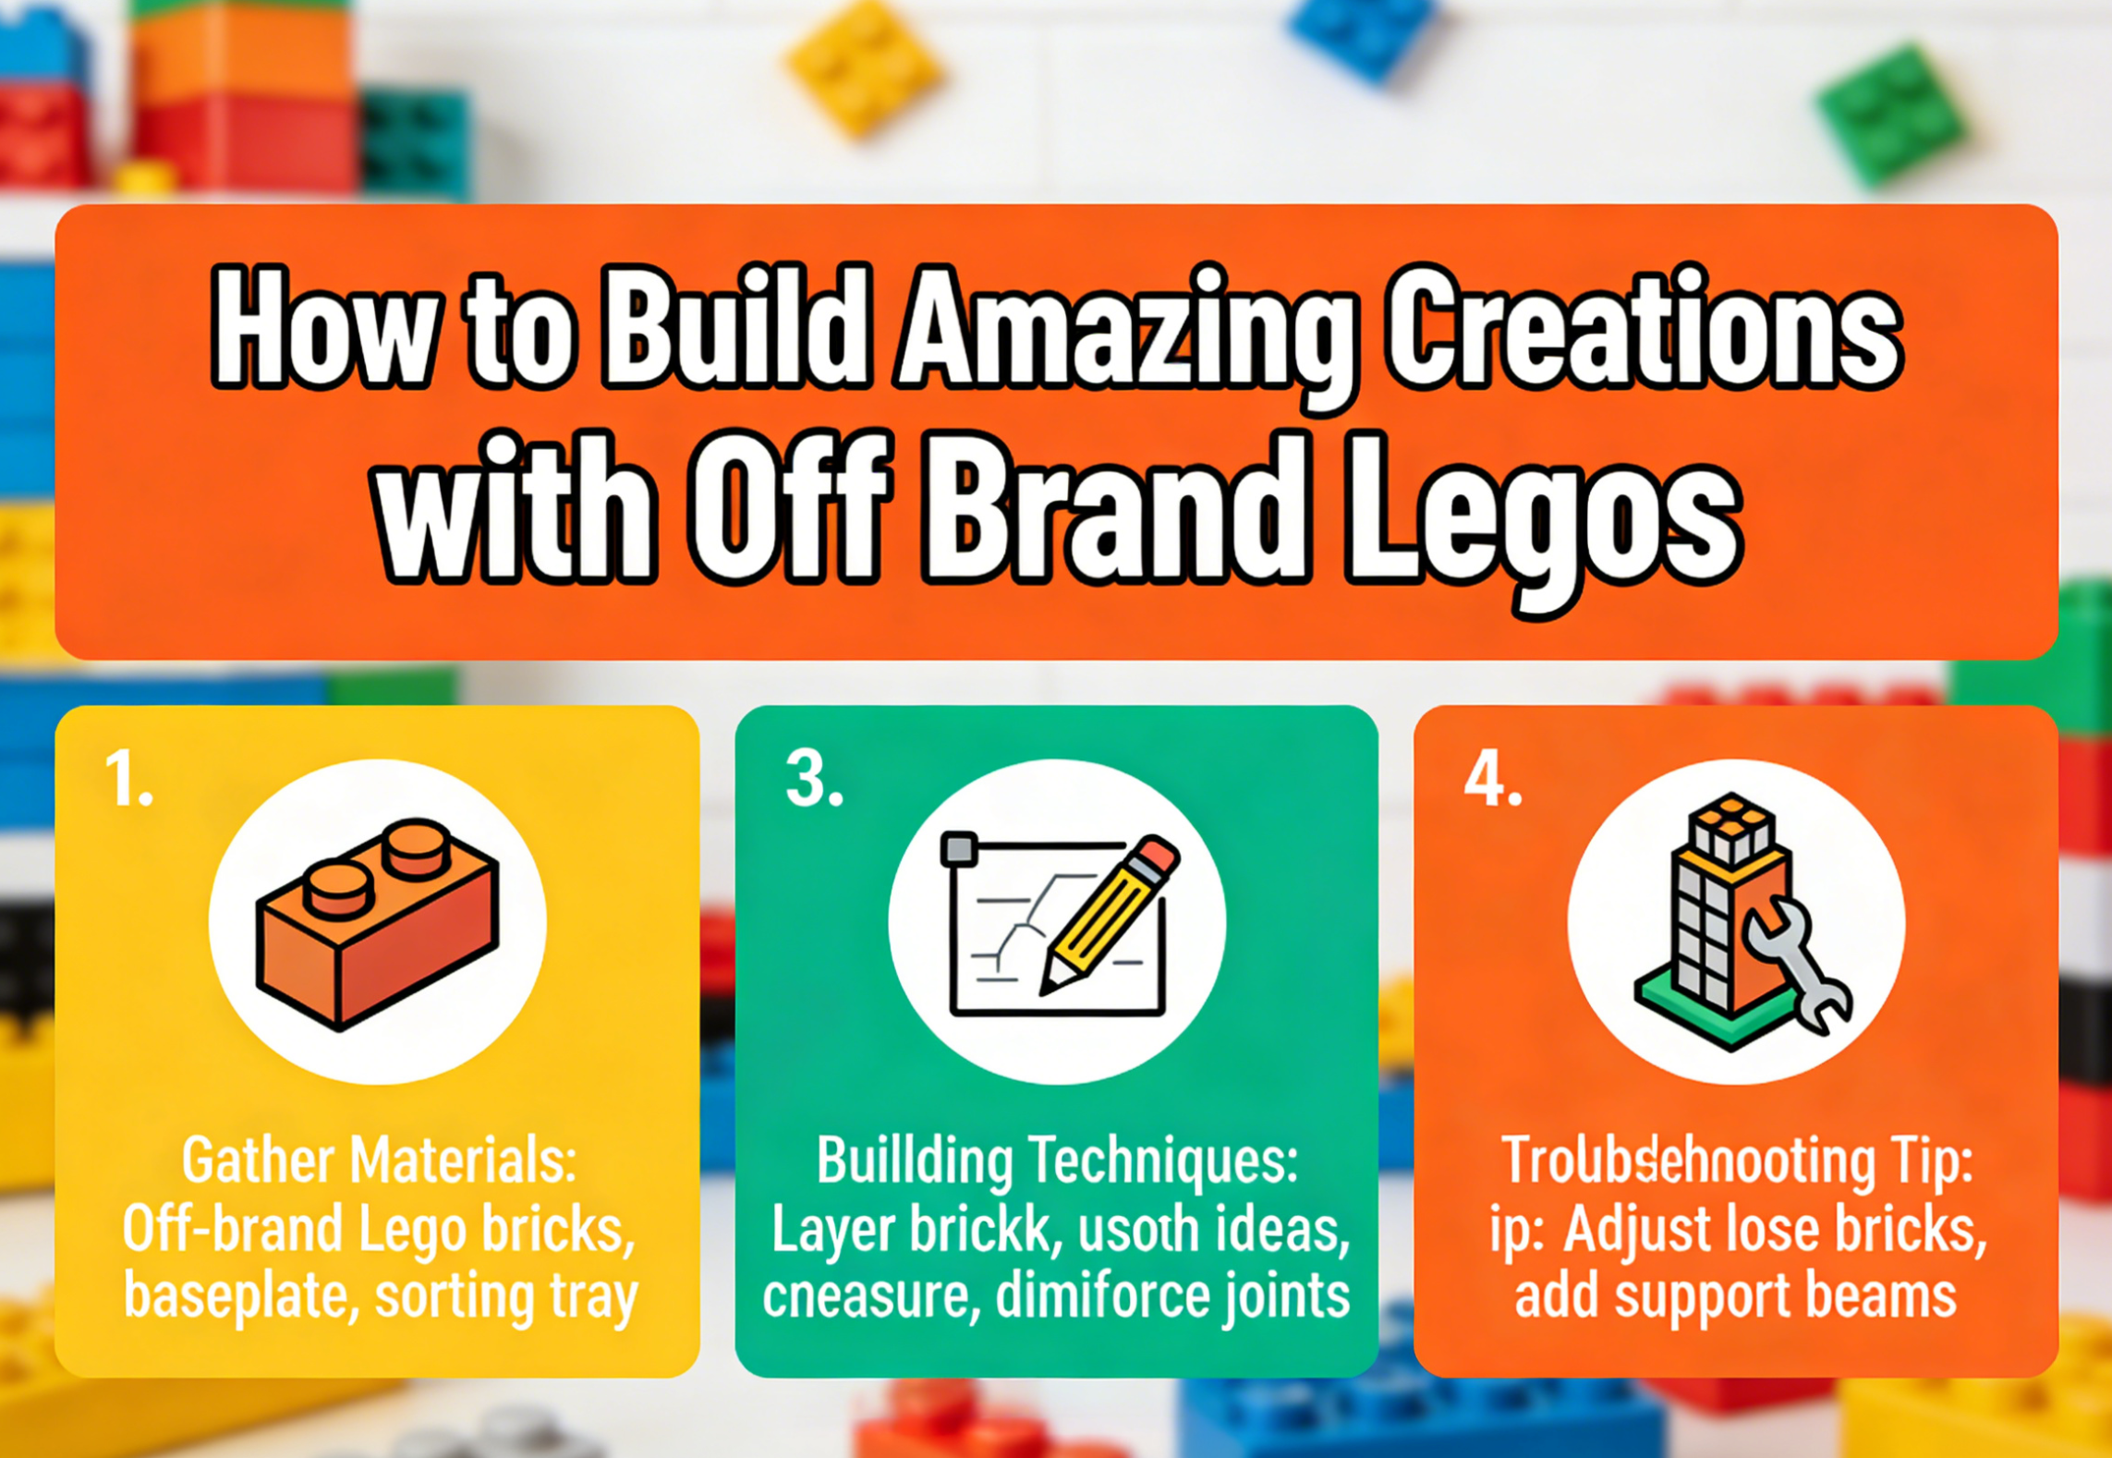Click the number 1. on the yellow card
127,779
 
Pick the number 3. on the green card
813,779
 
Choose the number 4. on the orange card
1492,779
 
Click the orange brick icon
377,924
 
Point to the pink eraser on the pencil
1156,855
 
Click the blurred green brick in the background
1889,115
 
